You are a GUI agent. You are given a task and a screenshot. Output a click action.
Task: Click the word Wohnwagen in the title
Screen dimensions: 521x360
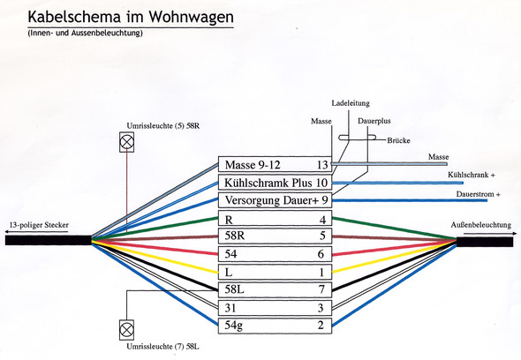click(x=191, y=17)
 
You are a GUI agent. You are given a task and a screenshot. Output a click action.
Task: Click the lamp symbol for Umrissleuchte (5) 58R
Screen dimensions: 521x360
click(x=126, y=142)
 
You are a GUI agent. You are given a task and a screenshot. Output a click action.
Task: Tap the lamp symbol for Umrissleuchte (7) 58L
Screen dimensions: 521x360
click(x=126, y=330)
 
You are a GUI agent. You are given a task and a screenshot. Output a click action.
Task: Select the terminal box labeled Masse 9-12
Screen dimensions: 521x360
click(x=275, y=164)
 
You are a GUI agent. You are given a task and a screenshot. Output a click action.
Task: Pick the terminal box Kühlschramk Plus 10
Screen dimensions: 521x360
click(x=275, y=183)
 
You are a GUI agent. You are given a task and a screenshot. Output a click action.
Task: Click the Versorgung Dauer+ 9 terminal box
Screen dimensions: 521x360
click(x=275, y=200)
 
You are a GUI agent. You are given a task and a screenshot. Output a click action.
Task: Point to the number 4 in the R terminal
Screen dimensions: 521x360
click(x=322, y=220)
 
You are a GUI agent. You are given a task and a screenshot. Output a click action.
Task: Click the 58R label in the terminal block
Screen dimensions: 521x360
click(x=235, y=236)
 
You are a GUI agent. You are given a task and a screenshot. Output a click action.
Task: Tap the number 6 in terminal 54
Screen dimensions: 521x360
click(x=321, y=254)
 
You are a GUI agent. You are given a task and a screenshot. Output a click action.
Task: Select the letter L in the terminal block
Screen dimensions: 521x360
click(x=229, y=273)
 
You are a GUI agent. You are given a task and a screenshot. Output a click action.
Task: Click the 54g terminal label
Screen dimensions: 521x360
click(x=234, y=325)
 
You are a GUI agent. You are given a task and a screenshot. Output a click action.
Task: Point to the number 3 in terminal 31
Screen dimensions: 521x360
click(x=321, y=308)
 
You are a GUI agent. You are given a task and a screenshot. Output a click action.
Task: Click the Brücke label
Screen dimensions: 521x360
click(x=398, y=140)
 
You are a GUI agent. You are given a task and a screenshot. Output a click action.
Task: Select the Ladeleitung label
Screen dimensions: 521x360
click(x=351, y=103)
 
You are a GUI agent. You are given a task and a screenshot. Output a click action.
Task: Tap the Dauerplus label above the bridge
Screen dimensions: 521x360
click(x=374, y=121)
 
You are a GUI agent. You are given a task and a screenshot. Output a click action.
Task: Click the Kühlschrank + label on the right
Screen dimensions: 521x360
click(x=472, y=175)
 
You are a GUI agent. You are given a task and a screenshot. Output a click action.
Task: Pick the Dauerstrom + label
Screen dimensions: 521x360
click(x=478, y=194)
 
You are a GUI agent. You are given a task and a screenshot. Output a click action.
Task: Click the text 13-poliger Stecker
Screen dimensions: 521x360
click(x=39, y=225)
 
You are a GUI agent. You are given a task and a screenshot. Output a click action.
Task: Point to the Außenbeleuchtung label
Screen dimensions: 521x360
click(x=480, y=225)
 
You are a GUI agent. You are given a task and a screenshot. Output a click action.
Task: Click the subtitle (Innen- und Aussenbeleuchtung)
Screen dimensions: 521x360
click(x=86, y=33)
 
